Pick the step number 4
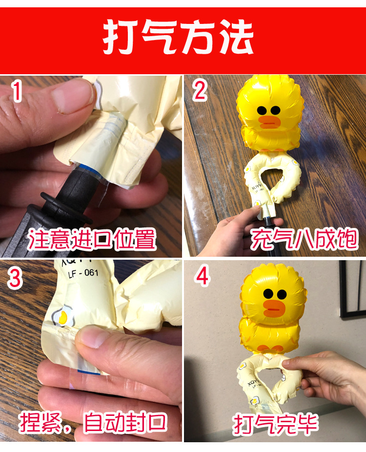coord(202,277)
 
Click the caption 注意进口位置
coord(92,240)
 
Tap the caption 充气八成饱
coord(304,240)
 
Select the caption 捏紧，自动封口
coord(93,422)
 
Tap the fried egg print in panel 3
coord(61,316)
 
